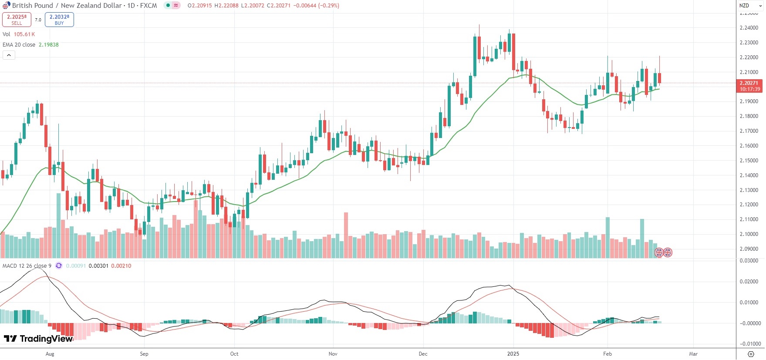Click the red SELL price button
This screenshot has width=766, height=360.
[x=17, y=20]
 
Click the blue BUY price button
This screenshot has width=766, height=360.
[x=59, y=20]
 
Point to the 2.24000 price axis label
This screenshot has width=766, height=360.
[x=749, y=28]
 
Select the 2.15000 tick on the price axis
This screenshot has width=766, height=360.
[x=749, y=161]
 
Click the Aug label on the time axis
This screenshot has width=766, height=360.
[x=50, y=354]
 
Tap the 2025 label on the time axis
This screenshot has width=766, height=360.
[x=513, y=354]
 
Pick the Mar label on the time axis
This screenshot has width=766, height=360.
[x=693, y=354]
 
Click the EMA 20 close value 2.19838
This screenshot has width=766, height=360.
[x=48, y=45]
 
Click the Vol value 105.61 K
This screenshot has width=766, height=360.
[x=24, y=34]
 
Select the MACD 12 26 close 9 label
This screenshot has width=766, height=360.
[x=27, y=266]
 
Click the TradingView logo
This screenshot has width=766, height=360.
[x=38, y=339]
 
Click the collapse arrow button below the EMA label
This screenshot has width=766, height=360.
[x=9, y=55]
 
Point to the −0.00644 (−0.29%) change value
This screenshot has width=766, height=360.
[x=317, y=6]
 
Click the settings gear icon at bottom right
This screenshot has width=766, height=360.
[x=751, y=354]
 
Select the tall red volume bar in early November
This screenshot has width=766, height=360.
[x=346, y=235]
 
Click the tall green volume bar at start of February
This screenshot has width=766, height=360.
[x=607, y=237]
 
